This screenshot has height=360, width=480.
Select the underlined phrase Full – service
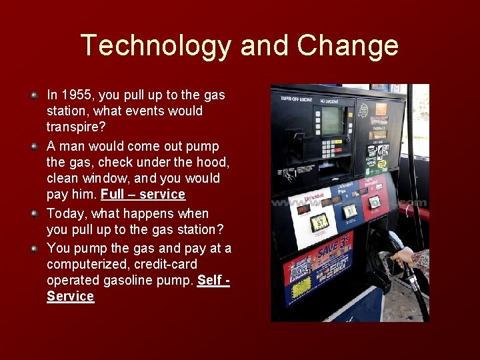143,194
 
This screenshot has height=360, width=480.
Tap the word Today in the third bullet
65,213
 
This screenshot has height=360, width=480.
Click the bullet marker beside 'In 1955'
34,95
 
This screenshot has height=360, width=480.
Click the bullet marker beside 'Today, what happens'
34,213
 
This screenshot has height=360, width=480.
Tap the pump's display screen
332,120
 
